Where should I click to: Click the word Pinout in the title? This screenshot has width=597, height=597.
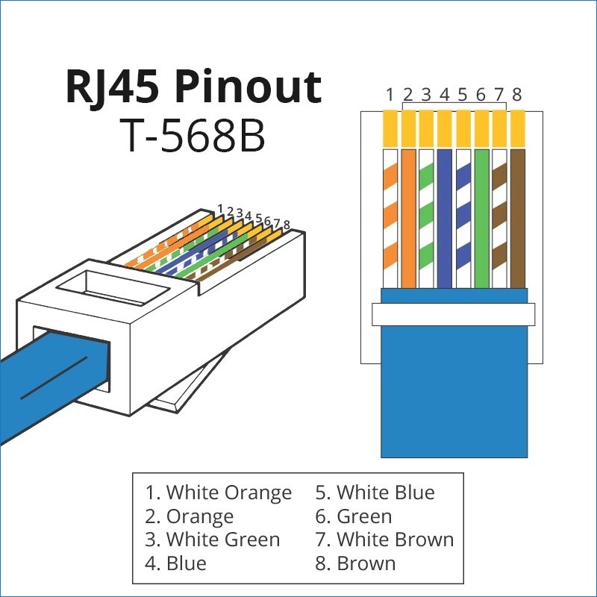pyautogui.click(x=248, y=88)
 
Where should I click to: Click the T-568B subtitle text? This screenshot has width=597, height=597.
pyautogui.click(x=193, y=136)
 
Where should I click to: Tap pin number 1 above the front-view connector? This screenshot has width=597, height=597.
pyautogui.click(x=390, y=95)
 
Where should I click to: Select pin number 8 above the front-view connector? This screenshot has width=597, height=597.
pyautogui.click(x=516, y=95)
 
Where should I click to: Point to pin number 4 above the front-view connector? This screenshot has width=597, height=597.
pyautogui.click(x=444, y=95)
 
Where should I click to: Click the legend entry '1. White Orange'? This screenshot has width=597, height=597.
pyautogui.click(x=218, y=493)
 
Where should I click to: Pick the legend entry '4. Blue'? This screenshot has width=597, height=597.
pyautogui.click(x=175, y=563)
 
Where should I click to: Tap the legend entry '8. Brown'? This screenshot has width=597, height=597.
pyautogui.click(x=355, y=563)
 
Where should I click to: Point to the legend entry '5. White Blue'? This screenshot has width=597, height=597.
pyautogui.click(x=375, y=493)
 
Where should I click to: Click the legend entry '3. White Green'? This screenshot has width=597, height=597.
pyautogui.click(x=213, y=540)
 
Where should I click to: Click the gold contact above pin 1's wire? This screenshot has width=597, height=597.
pyautogui.click(x=390, y=128)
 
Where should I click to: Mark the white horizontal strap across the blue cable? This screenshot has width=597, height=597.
pyautogui.click(x=454, y=314)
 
